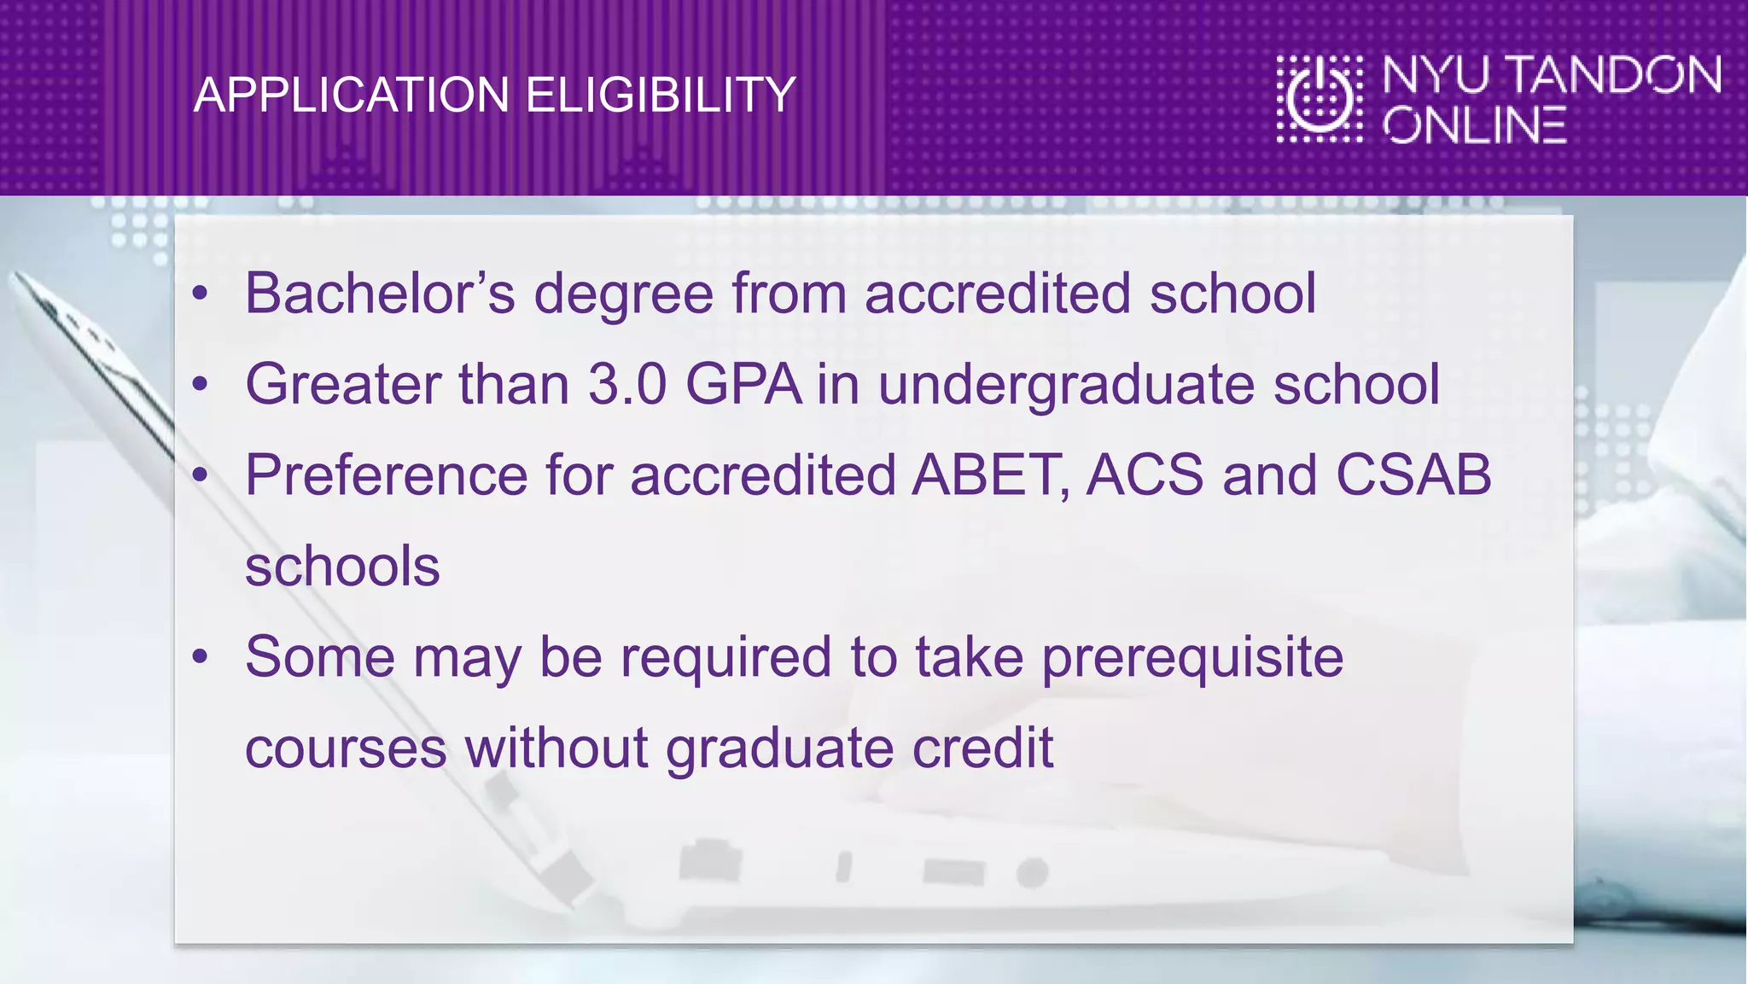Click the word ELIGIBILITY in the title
click(660, 95)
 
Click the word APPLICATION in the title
click(351, 95)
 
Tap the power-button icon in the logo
click(1320, 98)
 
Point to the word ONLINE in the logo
click(1475, 125)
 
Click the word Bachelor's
click(380, 294)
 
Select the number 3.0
click(627, 384)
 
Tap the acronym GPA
click(743, 384)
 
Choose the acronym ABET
click(988, 475)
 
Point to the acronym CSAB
click(1413, 475)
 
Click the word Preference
click(387, 475)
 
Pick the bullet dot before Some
click(200, 656)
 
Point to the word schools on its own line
click(342, 566)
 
